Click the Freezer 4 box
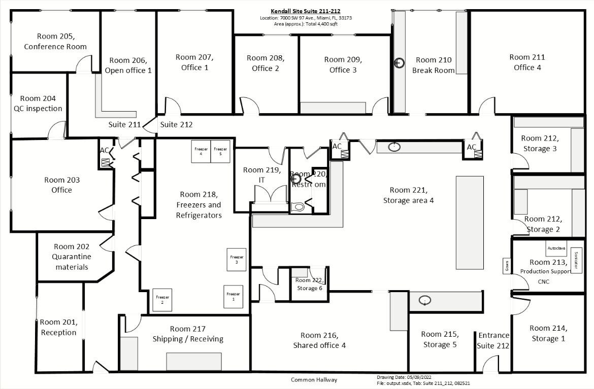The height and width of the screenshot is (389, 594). tap(201, 151)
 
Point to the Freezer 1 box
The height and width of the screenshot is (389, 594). tap(233, 297)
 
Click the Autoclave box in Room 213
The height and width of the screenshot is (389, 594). tap(555, 249)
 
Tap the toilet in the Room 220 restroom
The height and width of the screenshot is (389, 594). tap(299, 206)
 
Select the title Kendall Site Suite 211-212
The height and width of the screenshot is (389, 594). tap(305, 11)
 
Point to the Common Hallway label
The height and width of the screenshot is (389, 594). tap(314, 380)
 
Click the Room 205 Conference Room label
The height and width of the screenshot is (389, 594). tap(55, 41)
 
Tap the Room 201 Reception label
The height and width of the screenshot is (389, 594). tap(58, 327)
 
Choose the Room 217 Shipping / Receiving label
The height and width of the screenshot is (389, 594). tap(188, 334)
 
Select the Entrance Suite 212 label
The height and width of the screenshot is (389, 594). tap(493, 340)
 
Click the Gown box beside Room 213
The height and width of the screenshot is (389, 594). tap(506, 266)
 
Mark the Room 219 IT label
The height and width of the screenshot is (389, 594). tap(261, 175)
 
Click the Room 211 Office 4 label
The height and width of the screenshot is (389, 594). tap(527, 62)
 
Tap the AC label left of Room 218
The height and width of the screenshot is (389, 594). tap(104, 150)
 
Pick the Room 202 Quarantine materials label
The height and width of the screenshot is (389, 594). tap(71, 257)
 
